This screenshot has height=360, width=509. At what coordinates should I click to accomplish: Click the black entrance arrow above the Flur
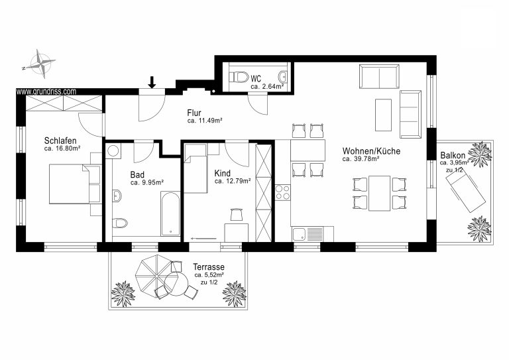[152, 82]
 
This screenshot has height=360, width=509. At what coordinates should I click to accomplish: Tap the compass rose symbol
[41, 64]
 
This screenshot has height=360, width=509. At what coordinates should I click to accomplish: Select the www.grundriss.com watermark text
[46, 91]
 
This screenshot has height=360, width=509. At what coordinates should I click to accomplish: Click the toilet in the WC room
[239, 78]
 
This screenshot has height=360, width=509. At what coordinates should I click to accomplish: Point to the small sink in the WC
[283, 77]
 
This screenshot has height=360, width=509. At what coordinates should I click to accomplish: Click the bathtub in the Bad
[170, 213]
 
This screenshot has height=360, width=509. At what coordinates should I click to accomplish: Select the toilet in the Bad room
[120, 223]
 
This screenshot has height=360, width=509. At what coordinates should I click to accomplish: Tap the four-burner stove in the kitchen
[282, 192]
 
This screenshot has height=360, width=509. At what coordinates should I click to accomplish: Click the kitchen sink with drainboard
[308, 234]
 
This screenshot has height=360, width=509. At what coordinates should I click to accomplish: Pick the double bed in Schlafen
[75, 184]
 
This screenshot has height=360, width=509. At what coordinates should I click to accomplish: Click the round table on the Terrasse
[176, 283]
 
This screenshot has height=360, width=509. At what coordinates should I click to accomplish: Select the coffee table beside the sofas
[383, 115]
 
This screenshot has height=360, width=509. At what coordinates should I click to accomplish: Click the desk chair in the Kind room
[237, 214]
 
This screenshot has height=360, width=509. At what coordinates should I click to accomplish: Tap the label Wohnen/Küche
[371, 151]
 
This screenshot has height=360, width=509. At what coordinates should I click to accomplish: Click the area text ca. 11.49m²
[205, 121]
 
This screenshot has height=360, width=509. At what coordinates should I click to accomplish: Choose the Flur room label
[194, 113]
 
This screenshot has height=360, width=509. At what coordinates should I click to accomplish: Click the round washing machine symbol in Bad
[113, 150]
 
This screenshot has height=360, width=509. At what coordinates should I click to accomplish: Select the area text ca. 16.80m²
[62, 149]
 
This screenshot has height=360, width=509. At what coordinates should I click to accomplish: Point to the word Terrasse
[209, 267]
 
